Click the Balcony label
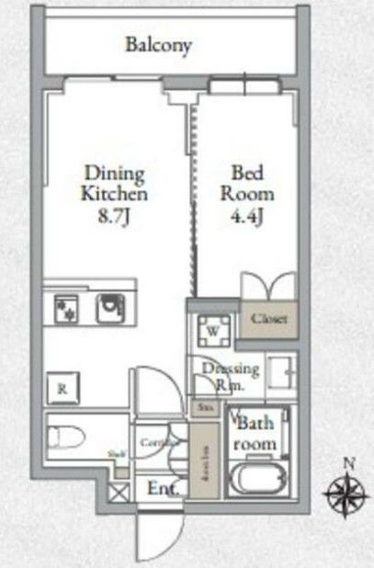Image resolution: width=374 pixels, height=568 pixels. [159, 44]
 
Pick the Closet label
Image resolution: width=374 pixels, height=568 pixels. [269, 319]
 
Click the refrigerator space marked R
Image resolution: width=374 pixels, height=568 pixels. [62, 388]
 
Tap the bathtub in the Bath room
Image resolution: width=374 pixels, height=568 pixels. [257, 479]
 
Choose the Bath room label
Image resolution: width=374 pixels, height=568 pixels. [257, 433]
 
